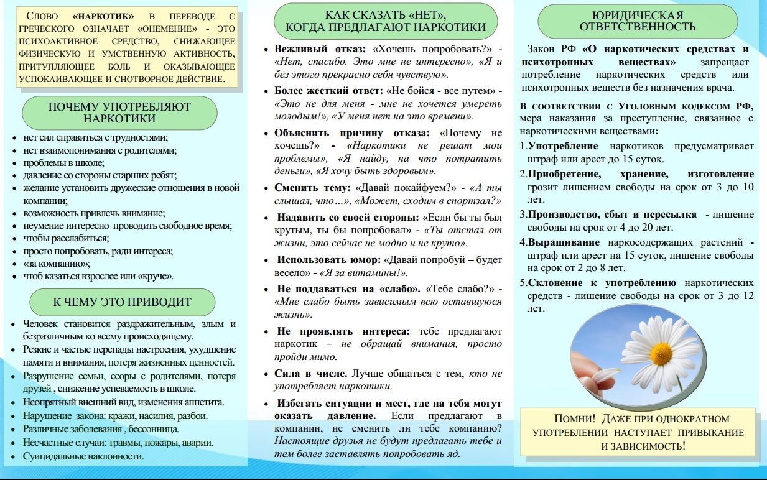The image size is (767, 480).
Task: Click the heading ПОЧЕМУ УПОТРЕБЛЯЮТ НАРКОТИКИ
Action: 119,113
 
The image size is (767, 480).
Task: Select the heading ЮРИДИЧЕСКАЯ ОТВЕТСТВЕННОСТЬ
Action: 637,21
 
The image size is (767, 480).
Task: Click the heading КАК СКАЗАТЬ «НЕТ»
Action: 386,21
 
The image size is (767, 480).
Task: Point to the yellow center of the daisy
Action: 661,354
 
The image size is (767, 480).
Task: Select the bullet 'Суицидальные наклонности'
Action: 83,456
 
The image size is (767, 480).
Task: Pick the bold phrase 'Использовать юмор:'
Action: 328,259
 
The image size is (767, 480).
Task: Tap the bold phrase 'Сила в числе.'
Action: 311,374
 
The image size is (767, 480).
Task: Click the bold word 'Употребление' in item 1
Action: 563,146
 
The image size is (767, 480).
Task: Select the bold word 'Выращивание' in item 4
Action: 564,242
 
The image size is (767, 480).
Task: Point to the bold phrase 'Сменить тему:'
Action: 313,187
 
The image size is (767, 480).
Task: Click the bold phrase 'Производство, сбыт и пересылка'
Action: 612,215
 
